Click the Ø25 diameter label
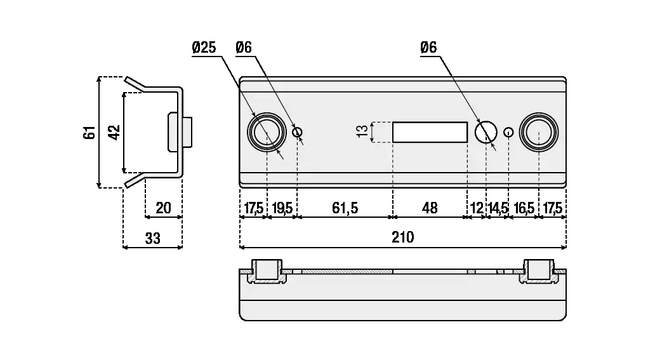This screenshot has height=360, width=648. point(203,48)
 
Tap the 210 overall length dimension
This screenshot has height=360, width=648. point(402,237)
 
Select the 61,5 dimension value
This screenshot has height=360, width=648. point(345,208)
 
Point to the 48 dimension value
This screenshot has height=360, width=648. point(430,208)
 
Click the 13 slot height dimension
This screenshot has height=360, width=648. point(362,132)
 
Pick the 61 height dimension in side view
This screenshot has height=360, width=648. point(89,133)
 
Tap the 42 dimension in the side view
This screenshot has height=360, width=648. point(114,133)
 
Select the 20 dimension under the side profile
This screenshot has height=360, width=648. point(164,208)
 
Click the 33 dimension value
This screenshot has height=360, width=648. point(152,238)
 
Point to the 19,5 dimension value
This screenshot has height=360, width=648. point(282,208)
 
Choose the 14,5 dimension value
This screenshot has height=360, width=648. point(498,208)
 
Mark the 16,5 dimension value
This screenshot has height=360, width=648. point(524,208)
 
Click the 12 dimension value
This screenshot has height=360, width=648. point(477,208)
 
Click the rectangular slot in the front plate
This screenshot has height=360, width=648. point(430,132)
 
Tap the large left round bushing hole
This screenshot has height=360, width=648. point(267,132)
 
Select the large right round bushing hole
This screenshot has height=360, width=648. point(538,132)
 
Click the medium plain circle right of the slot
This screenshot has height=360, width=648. point(486,132)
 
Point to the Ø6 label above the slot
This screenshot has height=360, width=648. point(429,48)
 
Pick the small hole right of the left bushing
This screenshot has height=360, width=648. point(298,132)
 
